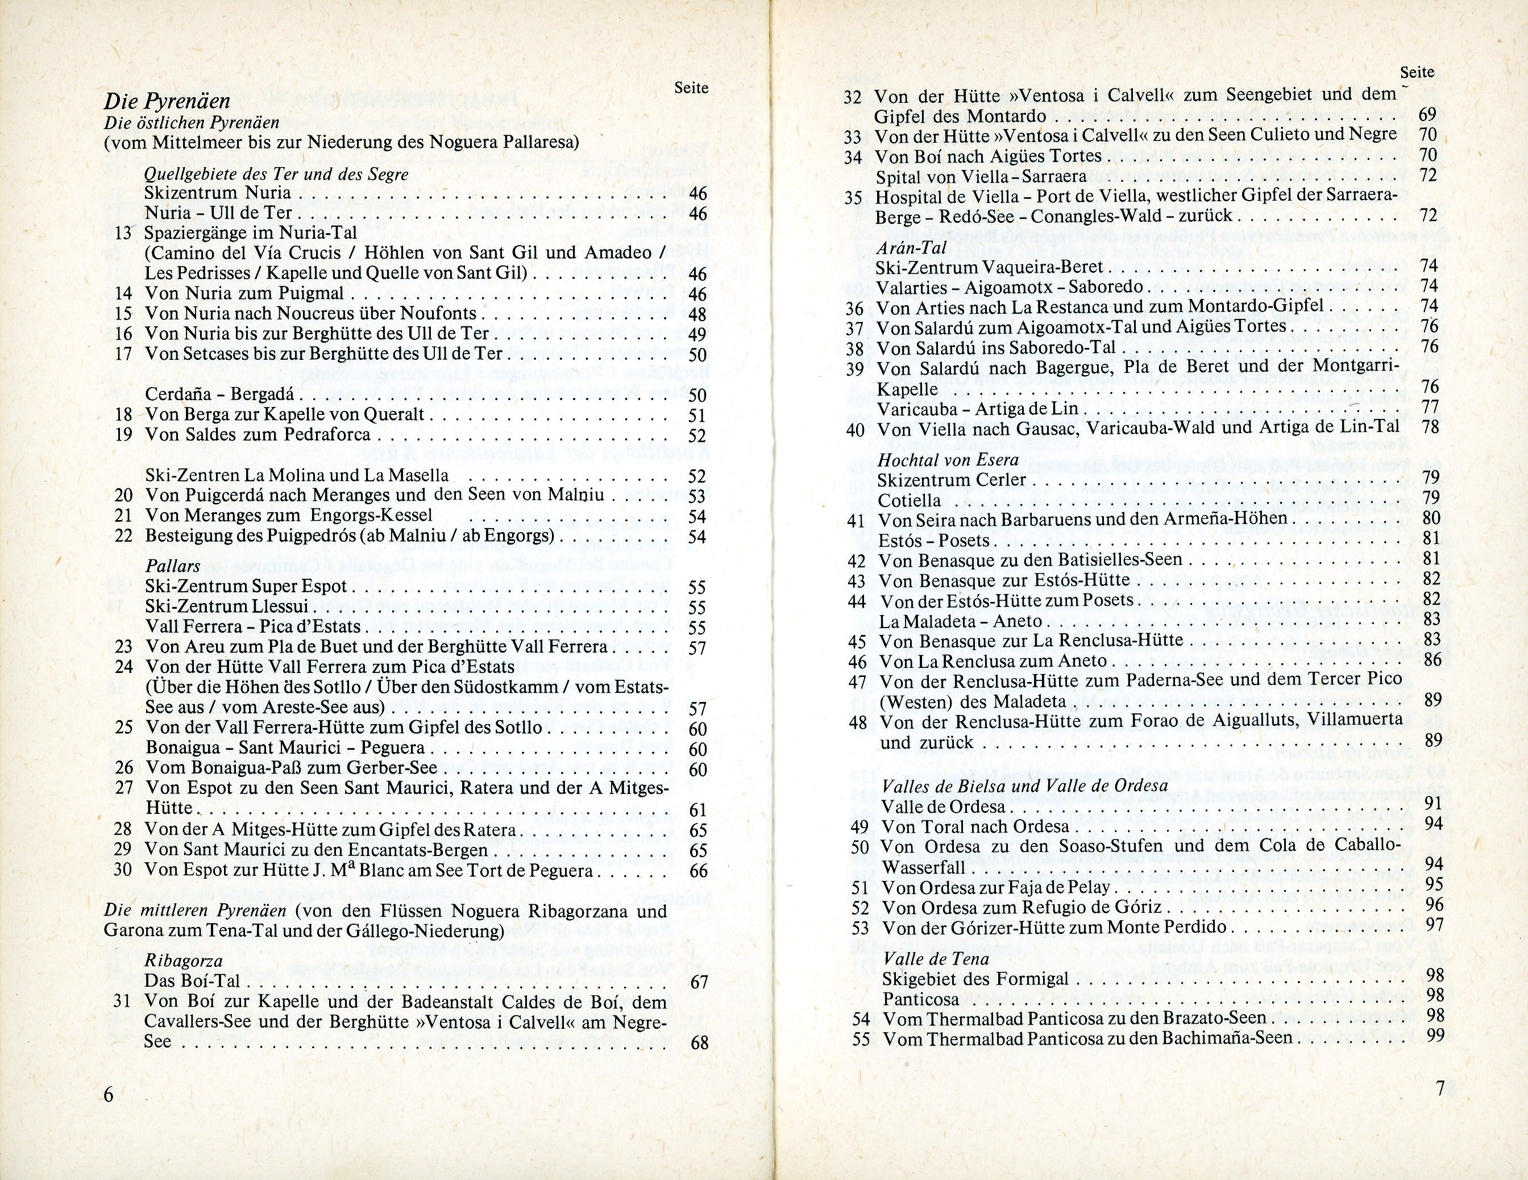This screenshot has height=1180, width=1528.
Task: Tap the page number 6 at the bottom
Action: (109, 1095)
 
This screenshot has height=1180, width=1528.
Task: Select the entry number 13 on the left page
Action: (123, 233)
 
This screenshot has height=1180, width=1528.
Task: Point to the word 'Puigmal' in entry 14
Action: (312, 294)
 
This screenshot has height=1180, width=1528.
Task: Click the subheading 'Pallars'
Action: (173, 566)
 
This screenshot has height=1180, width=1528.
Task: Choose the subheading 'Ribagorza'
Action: (183, 961)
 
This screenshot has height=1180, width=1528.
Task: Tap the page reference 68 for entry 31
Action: (699, 1043)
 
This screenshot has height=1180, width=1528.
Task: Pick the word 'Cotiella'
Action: (910, 500)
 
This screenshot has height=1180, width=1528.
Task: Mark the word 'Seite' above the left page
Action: (691, 88)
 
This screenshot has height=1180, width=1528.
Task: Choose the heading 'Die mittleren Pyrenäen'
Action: (195, 911)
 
